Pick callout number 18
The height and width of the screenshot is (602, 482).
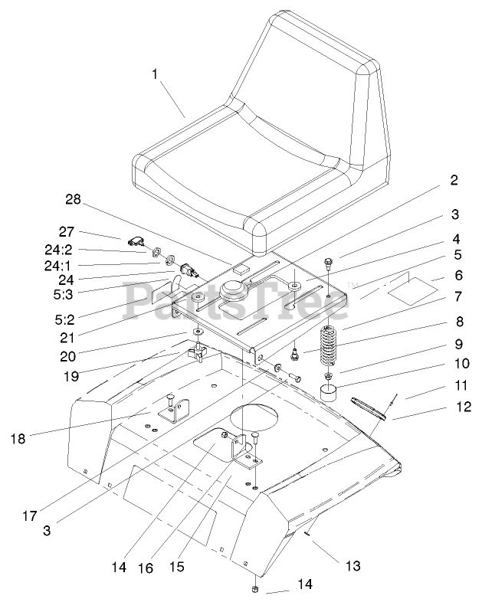[x=20, y=438]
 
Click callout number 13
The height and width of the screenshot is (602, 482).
[x=353, y=567]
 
